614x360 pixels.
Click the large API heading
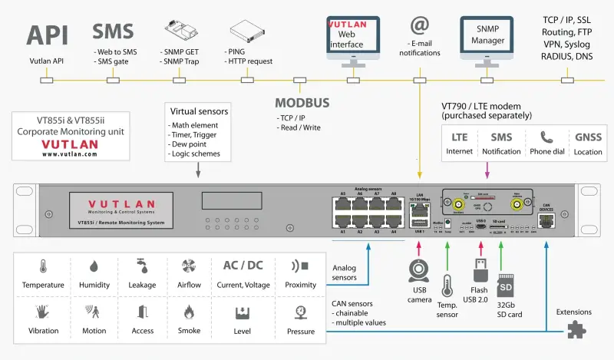(x=47, y=35)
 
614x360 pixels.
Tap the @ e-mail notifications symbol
(x=420, y=26)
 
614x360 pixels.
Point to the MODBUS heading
(x=302, y=103)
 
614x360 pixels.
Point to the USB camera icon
(x=418, y=274)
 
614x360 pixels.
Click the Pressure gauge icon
(x=300, y=312)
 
